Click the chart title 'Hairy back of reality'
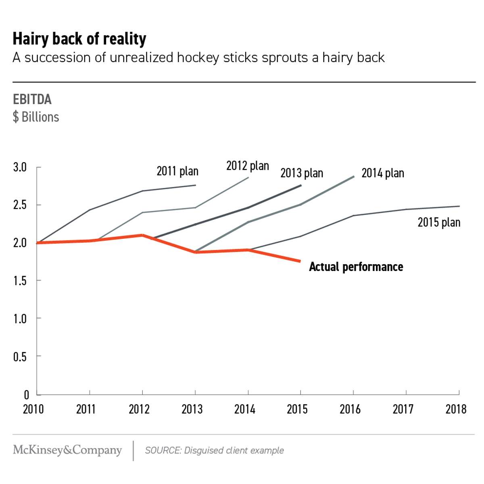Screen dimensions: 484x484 tap(79, 39)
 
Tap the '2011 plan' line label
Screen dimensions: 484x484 tap(177, 171)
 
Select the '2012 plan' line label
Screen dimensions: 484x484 tap(247, 166)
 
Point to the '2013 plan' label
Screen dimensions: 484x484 tap(302, 173)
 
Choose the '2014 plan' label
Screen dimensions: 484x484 tap(382, 173)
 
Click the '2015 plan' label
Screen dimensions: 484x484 tap(439, 222)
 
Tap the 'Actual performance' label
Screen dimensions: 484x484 tap(356, 267)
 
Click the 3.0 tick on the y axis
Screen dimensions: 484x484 tap(20, 167)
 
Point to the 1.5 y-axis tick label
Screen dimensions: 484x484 tap(20, 281)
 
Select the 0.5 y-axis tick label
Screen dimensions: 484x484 tap(20, 357)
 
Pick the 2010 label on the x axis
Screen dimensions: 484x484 tap(33, 409)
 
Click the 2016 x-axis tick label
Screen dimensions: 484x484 tap(350, 409)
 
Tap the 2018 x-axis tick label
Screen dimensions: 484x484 tap(456, 409)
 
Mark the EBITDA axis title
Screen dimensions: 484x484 tap(32, 100)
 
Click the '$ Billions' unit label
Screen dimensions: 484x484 tap(36, 117)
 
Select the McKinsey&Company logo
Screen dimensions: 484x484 tap(67, 450)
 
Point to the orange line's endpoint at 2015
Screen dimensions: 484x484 tap(300, 261)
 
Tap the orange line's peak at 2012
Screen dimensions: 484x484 tap(142, 235)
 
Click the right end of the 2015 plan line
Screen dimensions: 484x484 tap(459, 206)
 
